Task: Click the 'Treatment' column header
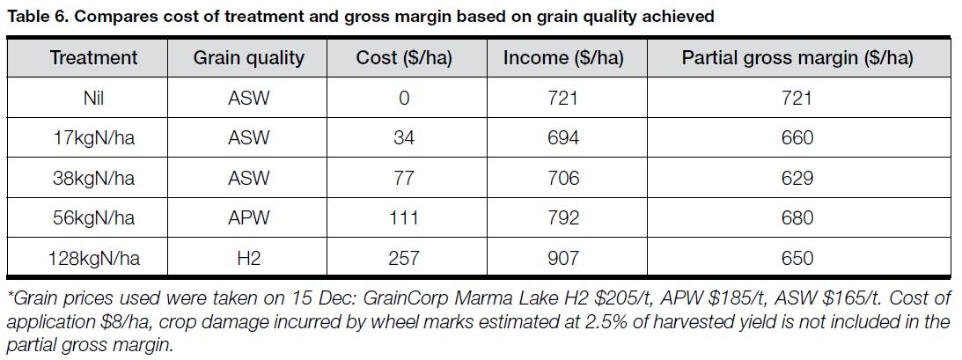pyautogui.click(x=94, y=58)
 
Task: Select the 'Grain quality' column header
pyautogui.click(x=249, y=58)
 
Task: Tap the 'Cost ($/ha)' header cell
pyautogui.click(x=403, y=58)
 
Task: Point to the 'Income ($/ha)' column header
pyautogui.click(x=563, y=58)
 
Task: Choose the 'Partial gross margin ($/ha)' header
pyautogui.click(x=797, y=58)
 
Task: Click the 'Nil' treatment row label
pyautogui.click(x=94, y=98)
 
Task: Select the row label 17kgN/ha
pyautogui.click(x=94, y=138)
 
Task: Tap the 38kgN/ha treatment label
pyautogui.click(x=94, y=178)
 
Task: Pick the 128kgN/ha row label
pyautogui.click(x=94, y=258)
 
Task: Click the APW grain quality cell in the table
pyautogui.click(x=249, y=218)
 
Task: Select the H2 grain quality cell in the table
pyautogui.click(x=249, y=258)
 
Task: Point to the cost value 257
pyautogui.click(x=403, y=258)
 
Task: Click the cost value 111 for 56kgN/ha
pyautogui.click(x=403, y=218)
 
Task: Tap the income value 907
pyautogui.click(x=563, y=258)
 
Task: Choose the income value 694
pyautogui.click(x=563, y=138)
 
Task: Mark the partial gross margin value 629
pyautogui.click(x=797, y=178)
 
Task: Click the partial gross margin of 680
pyautogui.click(x=797, y=218)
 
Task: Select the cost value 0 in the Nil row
pyautogui.click(x=403, y=98)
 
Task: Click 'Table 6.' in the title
pyautogui.click(x=34, y=15)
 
